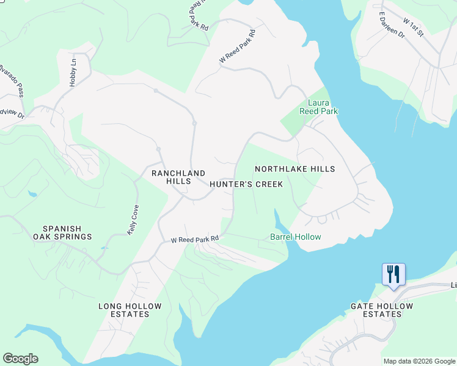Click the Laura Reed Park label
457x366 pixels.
click(318, 107)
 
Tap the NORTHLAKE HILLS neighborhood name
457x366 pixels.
click(294, 169)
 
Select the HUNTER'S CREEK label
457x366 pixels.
click(246, 184)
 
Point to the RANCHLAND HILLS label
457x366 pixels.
click(172, 177)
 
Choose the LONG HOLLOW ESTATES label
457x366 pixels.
click(130, 310)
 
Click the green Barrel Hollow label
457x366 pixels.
click(296, 237)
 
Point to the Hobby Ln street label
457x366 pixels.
click(73, 73)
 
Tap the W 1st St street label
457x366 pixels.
click(413, 27)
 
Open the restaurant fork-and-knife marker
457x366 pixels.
click(392, 274)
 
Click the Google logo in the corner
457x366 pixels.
click(20, 359)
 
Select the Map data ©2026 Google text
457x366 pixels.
click(419, 361)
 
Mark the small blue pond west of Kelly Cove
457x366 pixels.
click(32, 194)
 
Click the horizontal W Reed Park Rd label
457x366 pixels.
click(194, 240)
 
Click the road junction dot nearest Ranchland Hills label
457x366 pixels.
click(158, 149)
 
